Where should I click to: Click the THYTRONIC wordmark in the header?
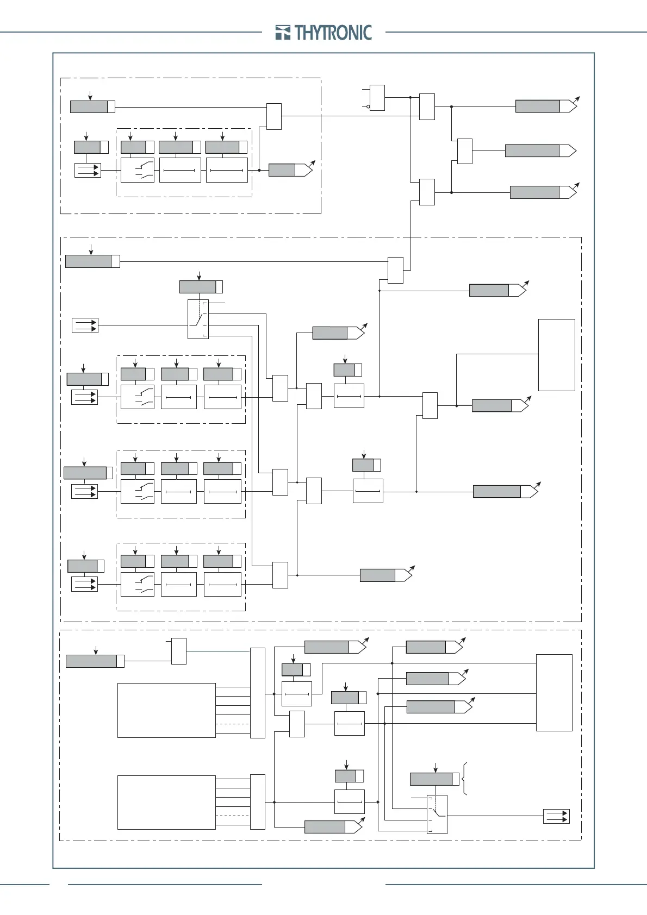[333, 33]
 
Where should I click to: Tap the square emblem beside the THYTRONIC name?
[283, 33]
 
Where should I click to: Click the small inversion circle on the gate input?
[368, 106]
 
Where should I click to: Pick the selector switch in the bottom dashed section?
[437, 814]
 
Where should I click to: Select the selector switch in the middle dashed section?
[198, 319]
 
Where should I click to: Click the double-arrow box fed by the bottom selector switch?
[556, 816]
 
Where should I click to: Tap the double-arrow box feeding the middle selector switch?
[85, 325]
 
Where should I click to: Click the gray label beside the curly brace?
[431, 779]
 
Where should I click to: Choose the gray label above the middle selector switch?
[198, 287]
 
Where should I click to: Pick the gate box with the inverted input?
[377, 98]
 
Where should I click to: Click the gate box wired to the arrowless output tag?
[464, 151]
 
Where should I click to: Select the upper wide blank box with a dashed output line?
[166, 710]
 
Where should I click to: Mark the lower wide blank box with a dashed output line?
[166, 803]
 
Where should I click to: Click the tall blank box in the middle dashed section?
[556, 355]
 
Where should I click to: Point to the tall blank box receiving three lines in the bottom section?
[554, 693]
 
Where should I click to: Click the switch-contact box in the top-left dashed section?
[137, 170]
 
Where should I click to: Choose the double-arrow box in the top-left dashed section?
[88, 171]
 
